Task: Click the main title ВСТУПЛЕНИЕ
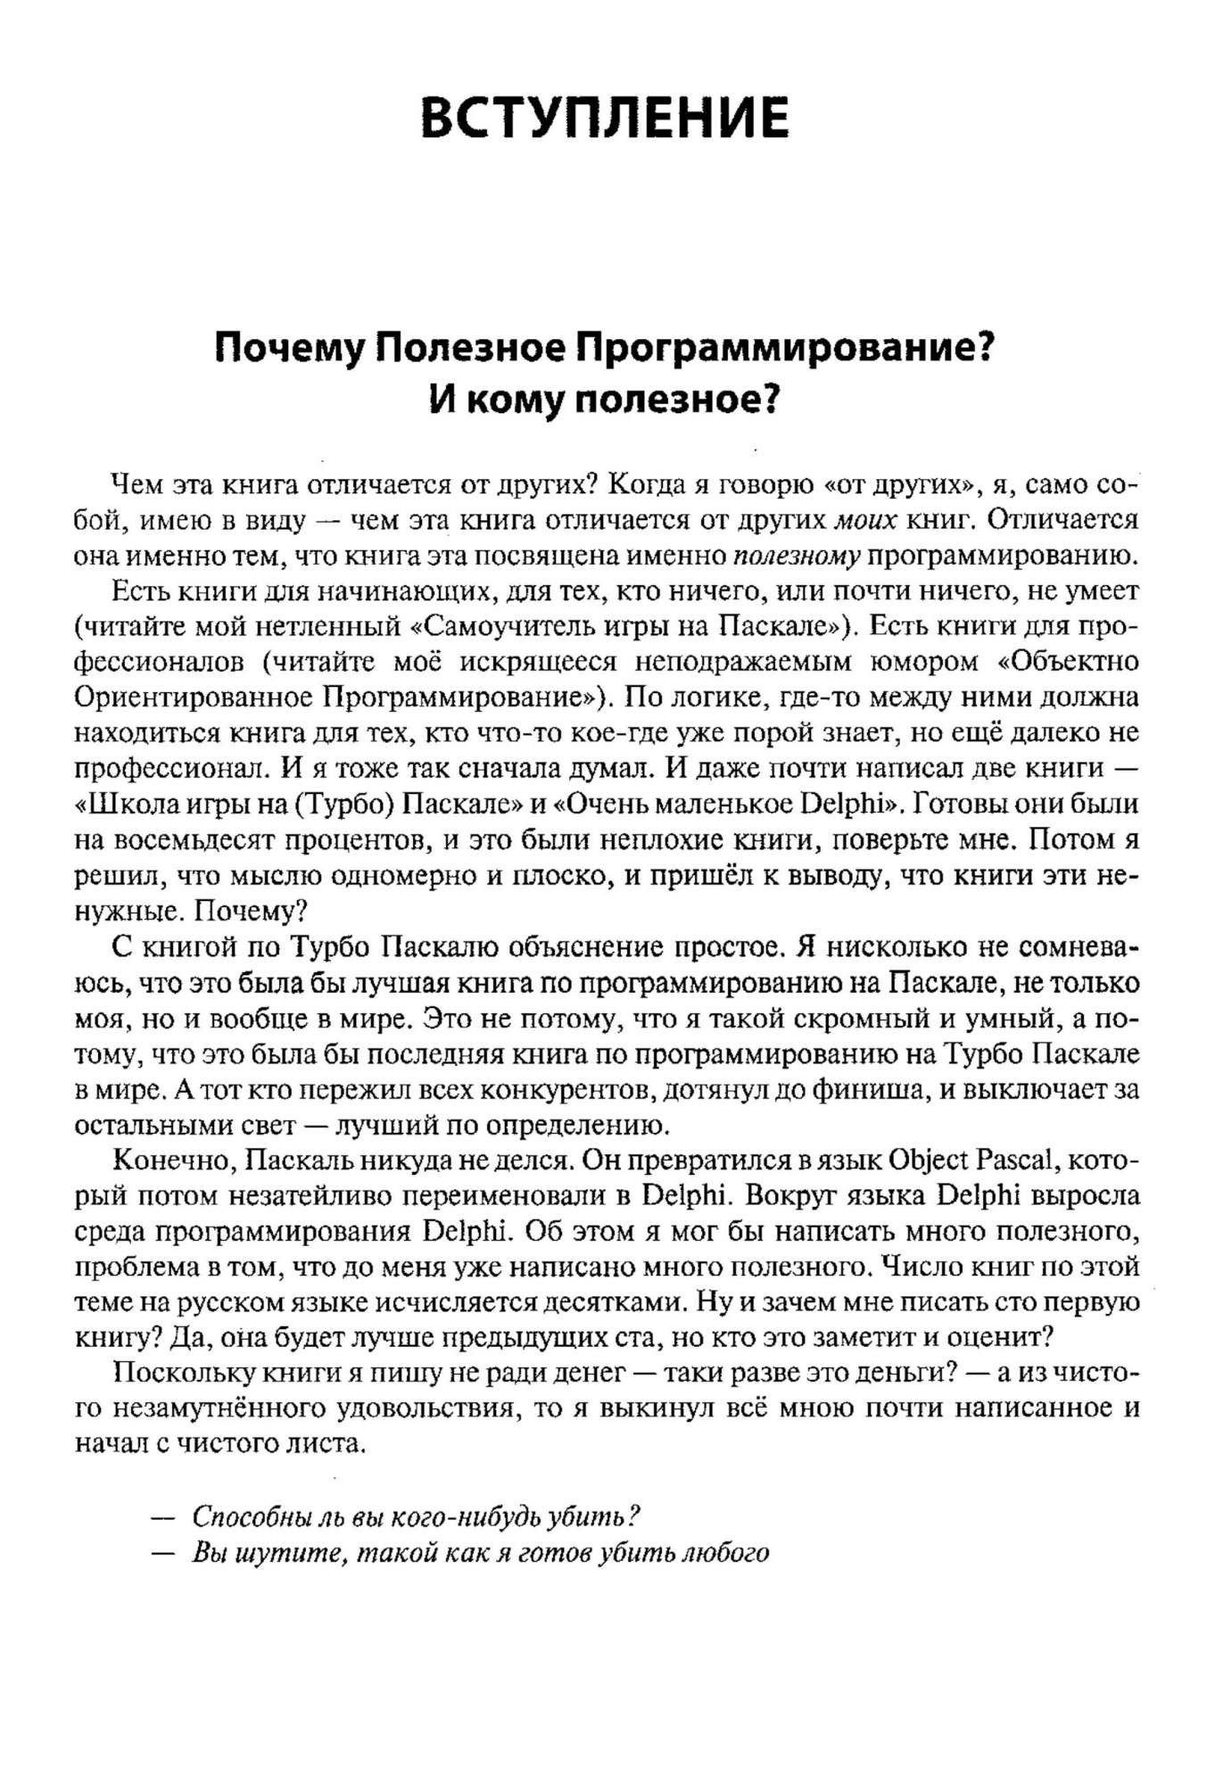pyautogui.click(x=605, y=118)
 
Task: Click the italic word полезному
pyautogui.click(x=796, y=557)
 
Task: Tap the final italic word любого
pyautogui.click(x=723, y=1553)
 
